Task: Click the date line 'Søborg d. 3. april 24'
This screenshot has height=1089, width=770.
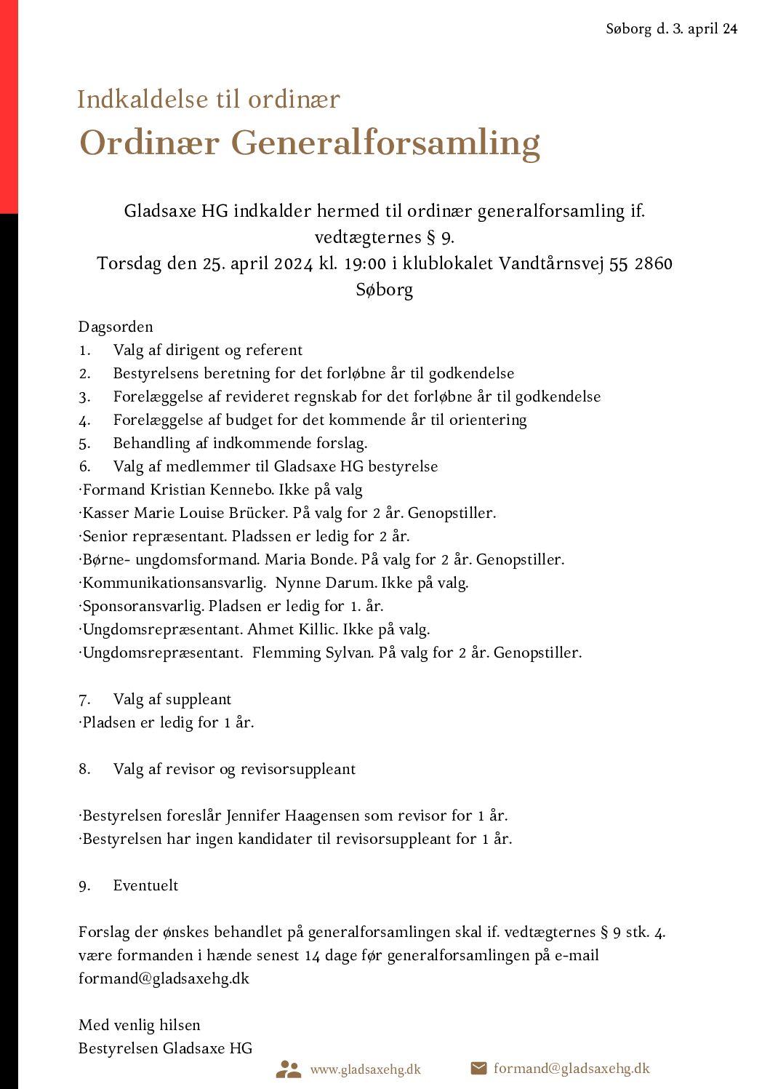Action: click(x=671, y=29)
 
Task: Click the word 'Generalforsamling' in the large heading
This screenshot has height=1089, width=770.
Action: click(x=385, y=143)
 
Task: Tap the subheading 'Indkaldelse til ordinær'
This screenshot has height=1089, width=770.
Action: click(x=209, y=100)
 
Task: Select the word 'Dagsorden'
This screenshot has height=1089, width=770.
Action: click(x=116, y=327)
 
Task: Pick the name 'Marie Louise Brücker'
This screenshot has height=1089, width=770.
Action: click(x=211, y=513)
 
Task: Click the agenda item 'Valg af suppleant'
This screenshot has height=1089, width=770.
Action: click(x=172, y=699)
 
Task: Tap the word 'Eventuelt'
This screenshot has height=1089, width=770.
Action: click(x=145, y=885)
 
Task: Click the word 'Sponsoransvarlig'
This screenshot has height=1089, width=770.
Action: click(x=143, y=606)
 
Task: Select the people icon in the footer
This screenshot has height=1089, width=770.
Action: click(x=289, y=1069)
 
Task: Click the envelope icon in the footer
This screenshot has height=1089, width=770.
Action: click(x=478, y=1068)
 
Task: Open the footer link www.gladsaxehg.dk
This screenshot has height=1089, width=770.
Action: click(x=365, y=1069)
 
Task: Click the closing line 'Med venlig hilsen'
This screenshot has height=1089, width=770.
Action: click(x=140, y=1025)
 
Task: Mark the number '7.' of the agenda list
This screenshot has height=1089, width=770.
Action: click(x=85, y=700)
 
